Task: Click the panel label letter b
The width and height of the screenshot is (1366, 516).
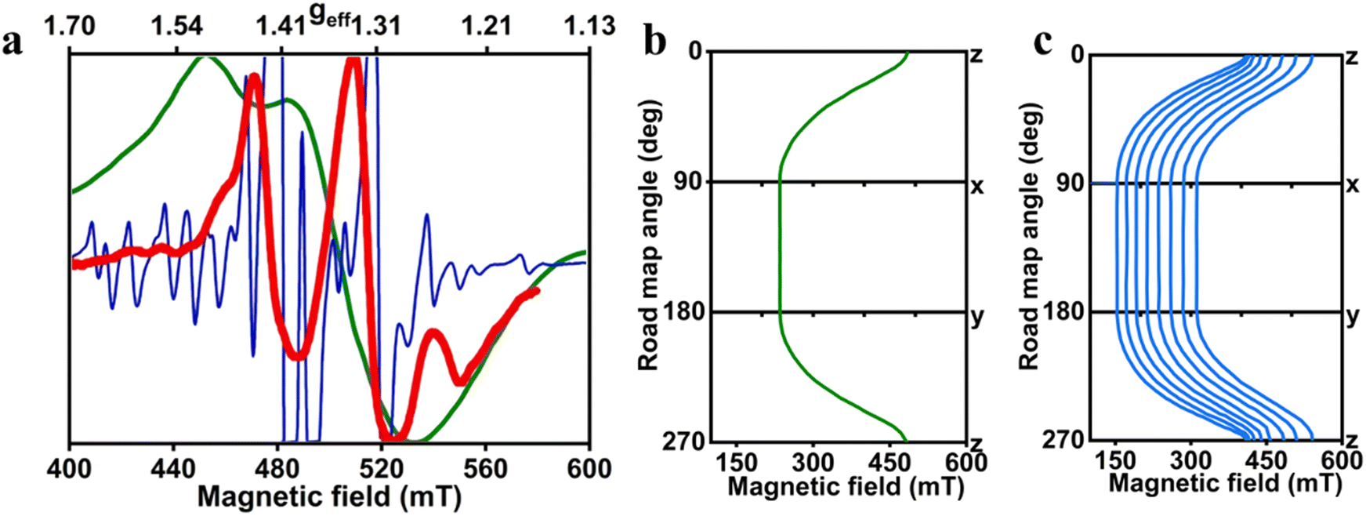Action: [x=654, y=42]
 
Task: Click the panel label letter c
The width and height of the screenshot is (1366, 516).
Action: [x=1043, y=42]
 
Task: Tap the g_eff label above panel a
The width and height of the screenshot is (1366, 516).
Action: [x=329, y=17]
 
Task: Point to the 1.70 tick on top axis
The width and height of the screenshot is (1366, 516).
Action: [x=70, y=26]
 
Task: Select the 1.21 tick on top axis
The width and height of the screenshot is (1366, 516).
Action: [x=487, y=26]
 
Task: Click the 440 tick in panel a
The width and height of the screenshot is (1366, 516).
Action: [x=173, y=469]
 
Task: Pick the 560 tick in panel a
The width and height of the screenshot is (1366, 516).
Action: [x=485, y=469]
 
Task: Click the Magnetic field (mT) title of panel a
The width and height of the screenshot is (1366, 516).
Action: [x=329, y=496]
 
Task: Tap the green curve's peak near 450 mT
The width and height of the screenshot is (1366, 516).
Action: [x=205, y=57]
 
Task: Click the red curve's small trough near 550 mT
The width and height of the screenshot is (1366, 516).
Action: [x=462, y=382]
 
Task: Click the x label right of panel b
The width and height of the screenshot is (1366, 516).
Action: [x=977, y=186]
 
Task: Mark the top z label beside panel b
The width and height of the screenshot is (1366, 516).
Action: [x=976, y=56]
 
